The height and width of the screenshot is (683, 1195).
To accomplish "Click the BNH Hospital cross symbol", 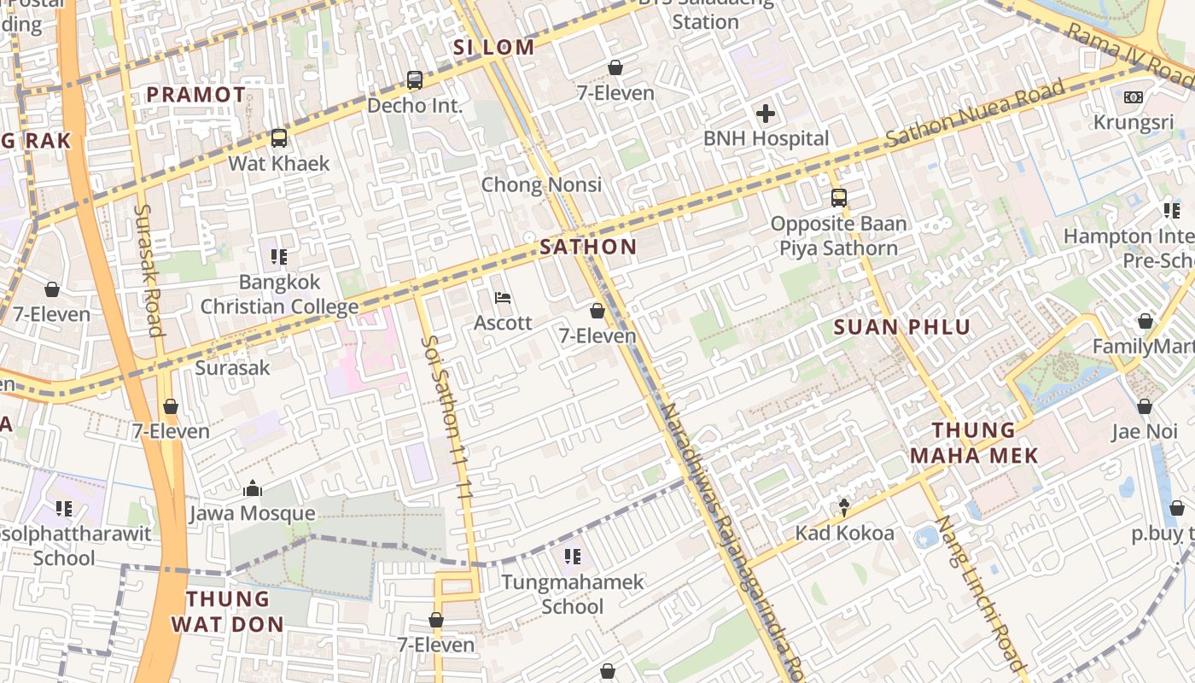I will coord(766,113).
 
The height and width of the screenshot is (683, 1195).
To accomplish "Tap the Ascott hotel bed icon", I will coord(504,298).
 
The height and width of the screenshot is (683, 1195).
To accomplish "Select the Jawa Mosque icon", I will coord(252,488).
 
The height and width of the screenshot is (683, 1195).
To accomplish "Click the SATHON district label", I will coord(588,248).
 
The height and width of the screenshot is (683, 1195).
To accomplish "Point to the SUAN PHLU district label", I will coord(902,327).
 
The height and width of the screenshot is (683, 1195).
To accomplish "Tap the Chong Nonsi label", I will coord(541,184).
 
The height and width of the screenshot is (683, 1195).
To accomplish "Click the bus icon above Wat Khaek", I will coord(278,138).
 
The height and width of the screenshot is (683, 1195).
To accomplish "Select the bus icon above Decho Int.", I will coord(415,80).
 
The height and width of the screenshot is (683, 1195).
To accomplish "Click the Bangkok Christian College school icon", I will coord(278,256).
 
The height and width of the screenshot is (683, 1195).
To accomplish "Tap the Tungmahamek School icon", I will coord(573,557).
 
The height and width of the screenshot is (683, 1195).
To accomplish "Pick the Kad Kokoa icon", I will coord(844,508).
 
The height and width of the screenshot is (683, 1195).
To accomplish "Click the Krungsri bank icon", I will coord(1134,97).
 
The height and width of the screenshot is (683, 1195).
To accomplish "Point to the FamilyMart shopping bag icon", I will coord(1145,321).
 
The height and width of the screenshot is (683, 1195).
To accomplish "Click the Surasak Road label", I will coord(149,270).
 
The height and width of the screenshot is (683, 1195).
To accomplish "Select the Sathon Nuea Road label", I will coord(975,113).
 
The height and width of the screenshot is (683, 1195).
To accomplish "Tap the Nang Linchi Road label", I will coord(979,592).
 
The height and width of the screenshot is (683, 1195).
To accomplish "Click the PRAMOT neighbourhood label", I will coord(196,95).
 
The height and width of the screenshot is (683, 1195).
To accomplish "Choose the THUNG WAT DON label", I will coord(227,611).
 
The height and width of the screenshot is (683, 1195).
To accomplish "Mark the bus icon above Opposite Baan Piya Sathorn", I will coord(839,198).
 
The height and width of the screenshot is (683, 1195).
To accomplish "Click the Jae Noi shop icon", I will coord(1145,406).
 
